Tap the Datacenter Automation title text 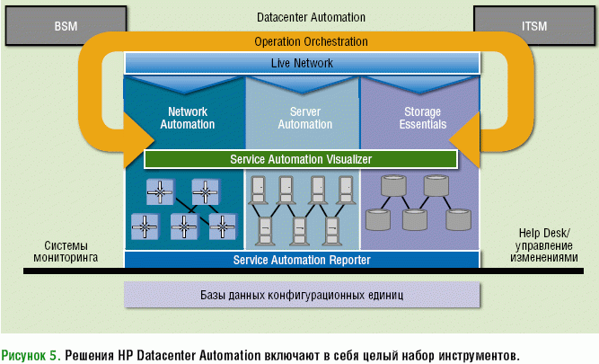[x=300, y=16]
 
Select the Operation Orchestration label [x=300, y=41]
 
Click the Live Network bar [x=301, y=63]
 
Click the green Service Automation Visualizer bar [x=301, y=159]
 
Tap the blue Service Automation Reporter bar [x=301, y=260]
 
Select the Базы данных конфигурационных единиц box [x=301, y=295]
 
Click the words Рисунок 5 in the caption [x=31, y=353]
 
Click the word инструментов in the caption [x=477, y=353]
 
